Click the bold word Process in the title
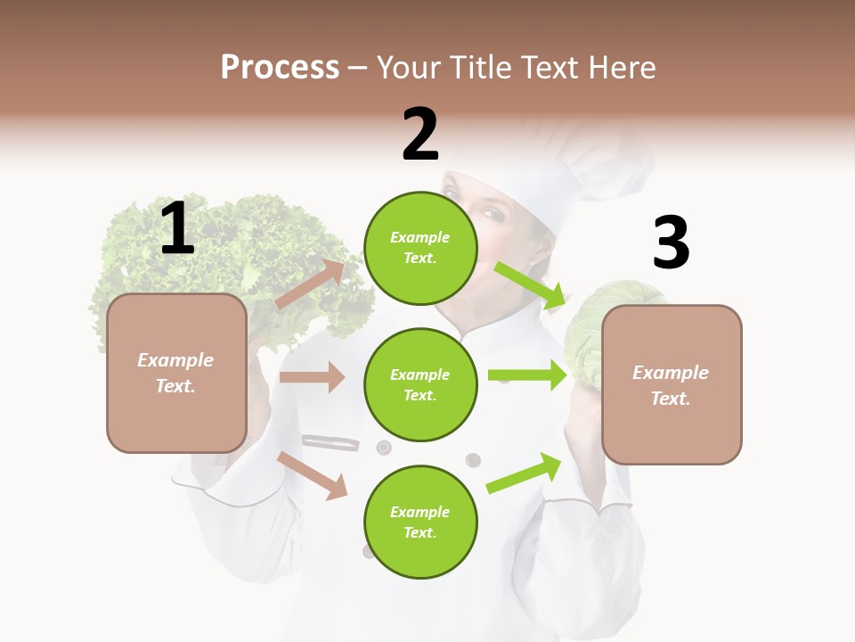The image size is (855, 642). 280,68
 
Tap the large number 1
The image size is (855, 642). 177,229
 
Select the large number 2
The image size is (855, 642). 420,135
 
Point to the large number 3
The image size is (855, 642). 671,243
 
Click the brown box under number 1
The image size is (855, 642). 176,373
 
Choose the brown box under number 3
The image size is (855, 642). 672,384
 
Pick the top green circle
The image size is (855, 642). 420,248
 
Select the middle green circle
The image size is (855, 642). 420,384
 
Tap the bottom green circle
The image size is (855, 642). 420,522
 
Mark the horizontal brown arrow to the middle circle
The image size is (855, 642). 312,377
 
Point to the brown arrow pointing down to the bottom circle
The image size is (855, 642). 313,475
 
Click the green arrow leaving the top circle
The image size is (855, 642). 530,284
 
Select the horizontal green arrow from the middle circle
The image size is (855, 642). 527,375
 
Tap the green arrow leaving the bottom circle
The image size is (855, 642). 525,473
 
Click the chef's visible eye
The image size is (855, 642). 492,214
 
